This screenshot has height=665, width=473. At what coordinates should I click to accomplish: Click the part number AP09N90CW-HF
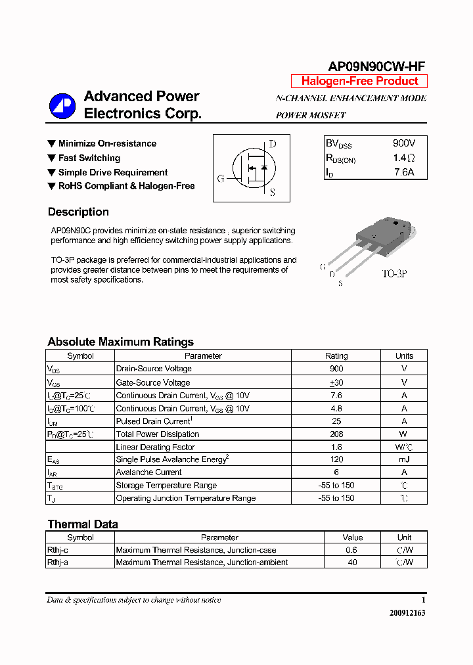point(376,66)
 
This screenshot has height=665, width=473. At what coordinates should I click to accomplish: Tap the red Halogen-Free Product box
point(359,81)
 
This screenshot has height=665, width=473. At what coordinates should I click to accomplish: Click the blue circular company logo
point(62,106)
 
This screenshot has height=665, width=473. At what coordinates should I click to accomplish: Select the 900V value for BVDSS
point(403,143)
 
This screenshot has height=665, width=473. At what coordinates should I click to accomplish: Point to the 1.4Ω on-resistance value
point(404,158)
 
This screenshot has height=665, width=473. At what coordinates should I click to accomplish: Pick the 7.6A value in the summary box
point(404,173)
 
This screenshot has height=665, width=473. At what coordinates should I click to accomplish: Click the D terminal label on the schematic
point(273,144)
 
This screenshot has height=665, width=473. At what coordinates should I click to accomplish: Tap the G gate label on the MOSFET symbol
point(221,178)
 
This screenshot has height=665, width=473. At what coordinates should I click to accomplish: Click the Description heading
point(78,212)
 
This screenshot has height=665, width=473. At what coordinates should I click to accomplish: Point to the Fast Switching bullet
point(89,158)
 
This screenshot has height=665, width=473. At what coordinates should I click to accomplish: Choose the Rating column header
point(336,355)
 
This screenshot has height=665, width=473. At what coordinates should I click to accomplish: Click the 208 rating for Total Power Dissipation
point(336,434)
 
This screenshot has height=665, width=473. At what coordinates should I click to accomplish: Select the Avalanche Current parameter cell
point(149,472)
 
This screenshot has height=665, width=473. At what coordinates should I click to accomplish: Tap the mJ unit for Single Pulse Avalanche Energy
point(404,460)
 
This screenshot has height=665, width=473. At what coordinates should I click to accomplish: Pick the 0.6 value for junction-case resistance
point(352,550)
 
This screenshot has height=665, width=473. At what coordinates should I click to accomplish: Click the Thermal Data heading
point(83,524)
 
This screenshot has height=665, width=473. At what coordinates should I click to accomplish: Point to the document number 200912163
point(407,612)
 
